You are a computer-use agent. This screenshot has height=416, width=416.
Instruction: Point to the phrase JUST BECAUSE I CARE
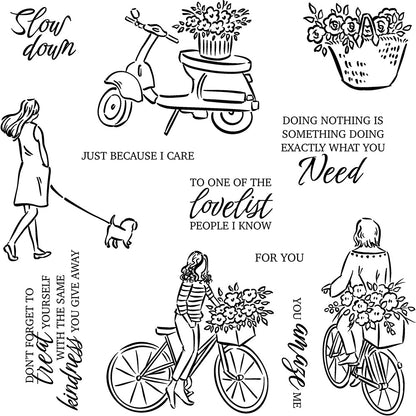(123, 156)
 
